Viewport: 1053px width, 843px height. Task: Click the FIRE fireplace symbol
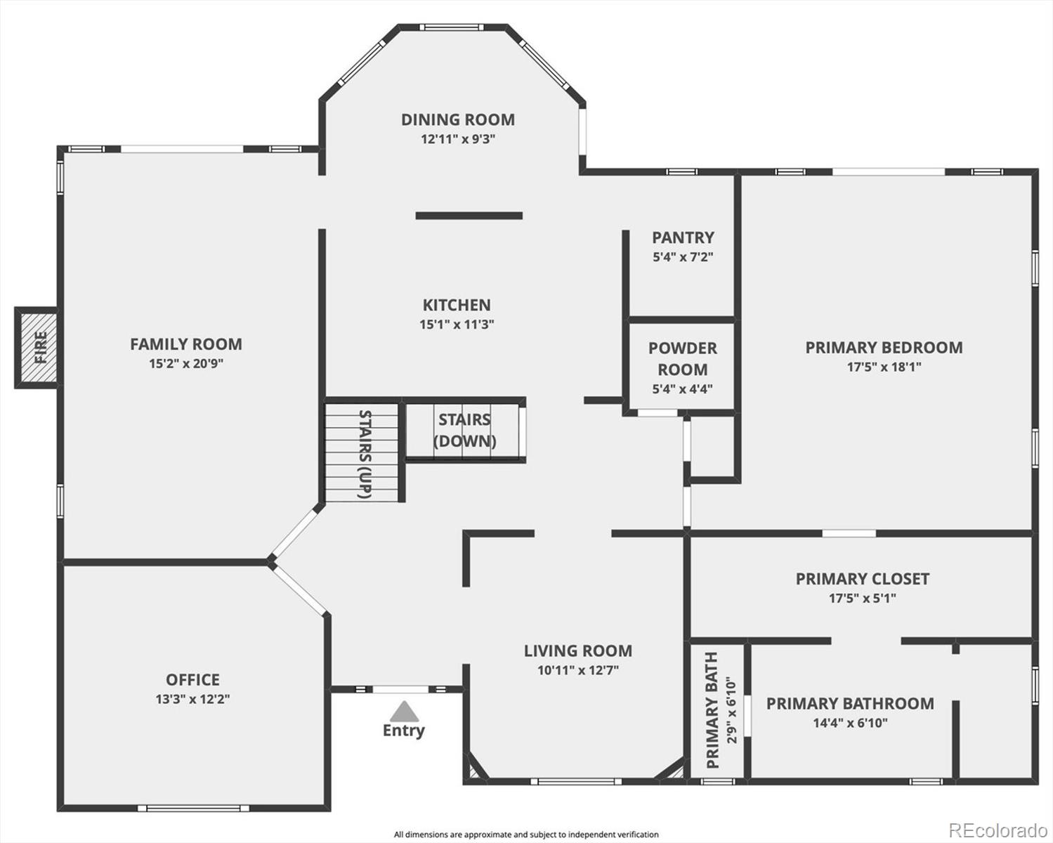click(37, 347)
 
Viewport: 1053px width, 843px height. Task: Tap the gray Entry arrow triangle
click(404, 712)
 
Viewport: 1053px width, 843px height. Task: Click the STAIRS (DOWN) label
click(464, 430)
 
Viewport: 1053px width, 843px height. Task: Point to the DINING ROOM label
click(458, 119)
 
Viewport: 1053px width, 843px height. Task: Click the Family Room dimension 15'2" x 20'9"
click(186, 363)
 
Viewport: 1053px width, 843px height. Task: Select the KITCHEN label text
click(457, 305)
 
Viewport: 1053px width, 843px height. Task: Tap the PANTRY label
click(683, 237)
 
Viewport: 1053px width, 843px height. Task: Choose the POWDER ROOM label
click(683, 358)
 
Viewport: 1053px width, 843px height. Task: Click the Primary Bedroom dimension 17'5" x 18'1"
click(884, 367)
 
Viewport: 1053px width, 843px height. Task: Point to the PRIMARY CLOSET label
click(862, 579)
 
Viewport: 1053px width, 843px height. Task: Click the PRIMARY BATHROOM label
click(850, 703)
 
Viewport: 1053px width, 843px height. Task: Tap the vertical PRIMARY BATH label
click(712, 710)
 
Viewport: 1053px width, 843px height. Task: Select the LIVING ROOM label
click(578, 651)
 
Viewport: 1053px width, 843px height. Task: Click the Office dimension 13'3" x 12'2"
click(192, 699)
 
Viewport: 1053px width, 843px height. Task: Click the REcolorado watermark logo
click(998, 830)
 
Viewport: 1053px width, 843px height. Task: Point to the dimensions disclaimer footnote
click(526, 835)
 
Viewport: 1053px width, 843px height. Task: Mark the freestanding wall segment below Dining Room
click(469, 216)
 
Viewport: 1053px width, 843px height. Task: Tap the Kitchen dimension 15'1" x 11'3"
click(457, 325)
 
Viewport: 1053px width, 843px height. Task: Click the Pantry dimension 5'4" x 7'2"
click(683, 257)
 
